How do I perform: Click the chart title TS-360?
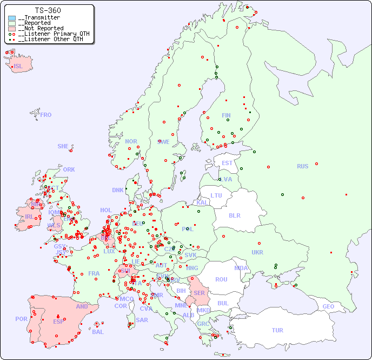click(x=48, y=10)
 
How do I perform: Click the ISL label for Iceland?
click(x=18, y=67)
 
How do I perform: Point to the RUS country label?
click(x=302, y=167)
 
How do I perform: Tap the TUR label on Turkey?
click(x=277, y=330)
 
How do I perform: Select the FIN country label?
click(x=226, y=115)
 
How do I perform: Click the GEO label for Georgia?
click(x=328, y=306)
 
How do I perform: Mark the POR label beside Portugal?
click(x=21, y=319)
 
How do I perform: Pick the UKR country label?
click(x=257, y=252)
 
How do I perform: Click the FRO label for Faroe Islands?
click(x=45, y=115)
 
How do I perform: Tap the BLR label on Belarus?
click(x=234, y=215)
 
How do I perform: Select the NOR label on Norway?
click(x=131, y=142)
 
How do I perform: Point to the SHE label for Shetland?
click(x=63, y=147)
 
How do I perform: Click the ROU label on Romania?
click(x=221, y=280)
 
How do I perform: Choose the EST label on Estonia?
click(x=227, y=163)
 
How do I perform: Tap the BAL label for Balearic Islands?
click(x=98, y=332)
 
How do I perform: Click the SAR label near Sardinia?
click(x=142, y=320)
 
